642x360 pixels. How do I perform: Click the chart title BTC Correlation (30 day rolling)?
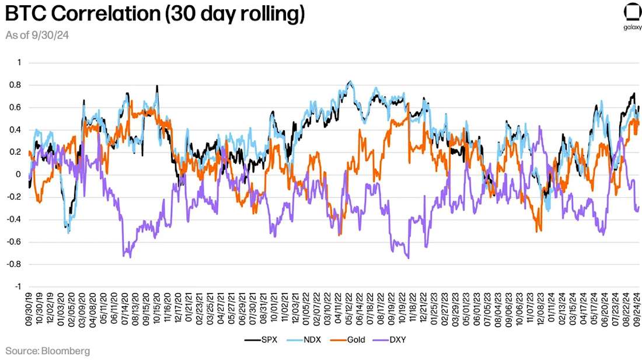coord(155,15)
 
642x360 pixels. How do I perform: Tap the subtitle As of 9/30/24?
coord(38,36)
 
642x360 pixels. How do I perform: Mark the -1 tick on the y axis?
coord(18,286)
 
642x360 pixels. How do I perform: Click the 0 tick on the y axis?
coord(18,174)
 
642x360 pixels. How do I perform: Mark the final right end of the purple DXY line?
coord(638,207)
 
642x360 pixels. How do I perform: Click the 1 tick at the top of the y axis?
coord(18,62)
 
